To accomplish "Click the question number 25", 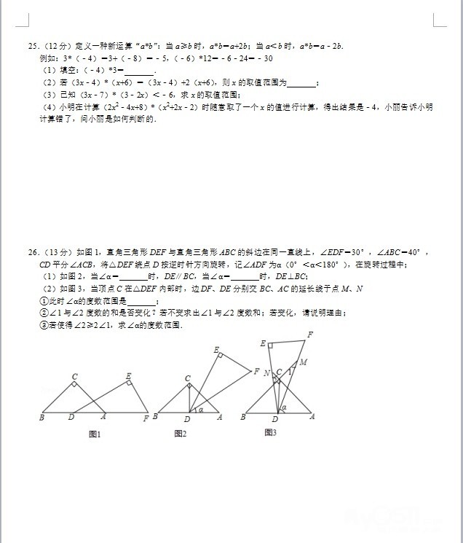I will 32,46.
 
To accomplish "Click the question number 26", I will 32,252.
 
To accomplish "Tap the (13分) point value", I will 52,252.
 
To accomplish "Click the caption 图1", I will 94,434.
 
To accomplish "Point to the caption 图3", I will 270,432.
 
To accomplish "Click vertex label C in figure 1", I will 74,377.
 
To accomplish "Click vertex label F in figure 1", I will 146,418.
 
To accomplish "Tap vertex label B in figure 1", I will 41,418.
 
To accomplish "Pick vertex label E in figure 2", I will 216,350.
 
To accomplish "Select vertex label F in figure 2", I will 256,372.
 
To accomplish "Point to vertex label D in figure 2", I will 187,419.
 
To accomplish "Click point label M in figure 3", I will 303,362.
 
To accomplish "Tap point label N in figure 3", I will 266,373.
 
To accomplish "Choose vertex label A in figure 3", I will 312,417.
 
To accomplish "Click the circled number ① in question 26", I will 43,301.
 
